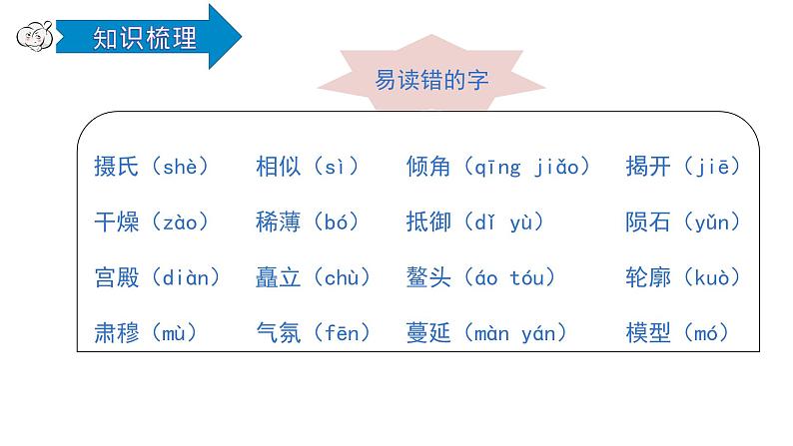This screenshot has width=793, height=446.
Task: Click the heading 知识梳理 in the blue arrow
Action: (x=144, y=38)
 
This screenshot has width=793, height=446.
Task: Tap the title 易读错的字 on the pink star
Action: (x=431, y=81)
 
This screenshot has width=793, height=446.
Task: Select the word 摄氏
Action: (x=116, y=167)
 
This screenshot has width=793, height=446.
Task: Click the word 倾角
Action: (x=429, y=167)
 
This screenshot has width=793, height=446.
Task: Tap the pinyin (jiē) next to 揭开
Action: (x=713, y=167)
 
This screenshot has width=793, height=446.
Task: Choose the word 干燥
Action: (x=116, y=223)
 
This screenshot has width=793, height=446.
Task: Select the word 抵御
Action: (x=429, y=223)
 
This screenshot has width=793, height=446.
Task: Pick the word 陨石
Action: (x=648, y=223)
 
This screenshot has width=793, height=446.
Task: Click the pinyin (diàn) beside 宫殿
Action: (x=185, y=278)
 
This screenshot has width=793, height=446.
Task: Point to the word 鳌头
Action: (x=429, y=278)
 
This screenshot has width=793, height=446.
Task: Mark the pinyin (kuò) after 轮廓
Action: (x=713, y=278)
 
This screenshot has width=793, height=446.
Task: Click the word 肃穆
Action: (x=116, y=333)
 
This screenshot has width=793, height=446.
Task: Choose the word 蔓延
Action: (x=429, y=333)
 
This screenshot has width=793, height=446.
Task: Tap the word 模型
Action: (x=648, y=333)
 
